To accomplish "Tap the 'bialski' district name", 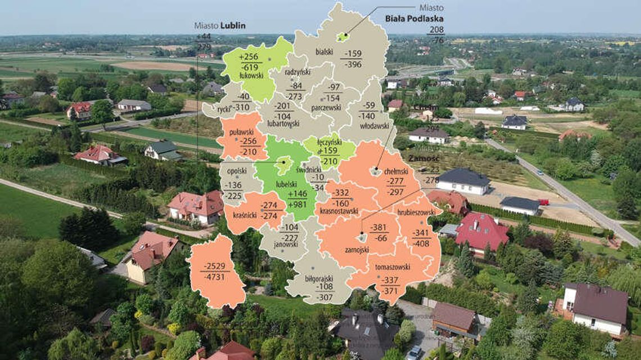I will pos(324,52).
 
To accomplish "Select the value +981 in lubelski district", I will pos(298,204).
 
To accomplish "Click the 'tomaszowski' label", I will pos(394,267).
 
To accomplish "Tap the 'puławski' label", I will pos(242,132).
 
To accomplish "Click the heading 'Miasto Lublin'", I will pos(220,26).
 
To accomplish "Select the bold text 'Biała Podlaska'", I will pos(414,19).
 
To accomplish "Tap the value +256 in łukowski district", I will pos(249,57).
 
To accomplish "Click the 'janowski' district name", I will pos(286,245).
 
